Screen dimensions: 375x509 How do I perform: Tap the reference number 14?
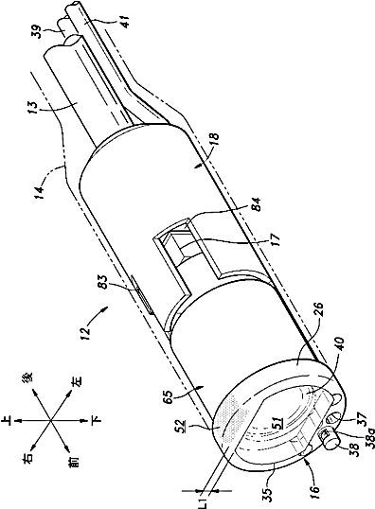pyautogui.click(x=40, y=192)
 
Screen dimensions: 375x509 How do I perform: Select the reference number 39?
pyautogui.click(x=40, y=31)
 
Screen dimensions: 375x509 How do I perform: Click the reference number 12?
pyautogui.click(x=85, y=334)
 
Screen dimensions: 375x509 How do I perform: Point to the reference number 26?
pyautogui.click(x=319, y=310)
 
